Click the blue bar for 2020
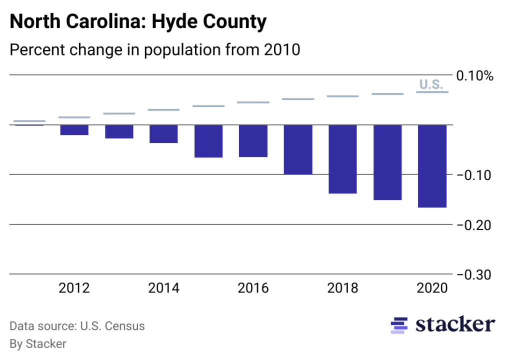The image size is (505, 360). click(x=432, y=166)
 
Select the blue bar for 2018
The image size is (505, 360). click(x=342, y=159)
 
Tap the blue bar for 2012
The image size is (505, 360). click(x=74, y=130)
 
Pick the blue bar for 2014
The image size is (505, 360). click(x=163, y=134)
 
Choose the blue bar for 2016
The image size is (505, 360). click(x=253, y=141)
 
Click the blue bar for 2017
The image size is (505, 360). click(x=298, y=149)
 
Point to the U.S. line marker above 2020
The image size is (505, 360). click(x=432, y=92)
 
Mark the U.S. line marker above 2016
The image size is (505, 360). click(x=253, y=102)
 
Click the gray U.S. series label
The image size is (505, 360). click(x=431, y=84)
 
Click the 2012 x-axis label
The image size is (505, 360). click(x=74, y=288)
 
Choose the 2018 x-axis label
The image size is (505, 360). click(x=342, y=288)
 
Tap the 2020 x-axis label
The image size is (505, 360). click(x=432, y=288)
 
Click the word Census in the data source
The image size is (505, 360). click(x=125, y=326)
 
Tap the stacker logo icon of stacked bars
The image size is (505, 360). click(x=398, y=325)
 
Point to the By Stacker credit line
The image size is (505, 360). click(x=38, y=343)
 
